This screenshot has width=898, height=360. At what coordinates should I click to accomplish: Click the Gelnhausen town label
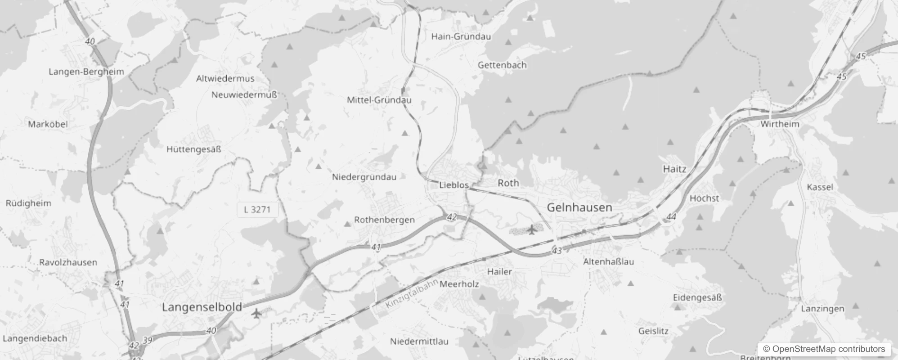click(579, 207)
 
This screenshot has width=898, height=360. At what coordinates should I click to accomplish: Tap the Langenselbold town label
click(202, 307)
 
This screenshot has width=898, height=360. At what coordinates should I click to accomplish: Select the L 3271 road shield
click(257, 209)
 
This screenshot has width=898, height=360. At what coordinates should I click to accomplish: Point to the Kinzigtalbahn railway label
click(412, 294)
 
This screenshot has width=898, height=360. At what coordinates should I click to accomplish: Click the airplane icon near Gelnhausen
click(532, 230)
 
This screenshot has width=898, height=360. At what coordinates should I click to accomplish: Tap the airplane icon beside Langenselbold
click(256, 313)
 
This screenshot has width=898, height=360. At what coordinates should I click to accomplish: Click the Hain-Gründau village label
click(461, 36)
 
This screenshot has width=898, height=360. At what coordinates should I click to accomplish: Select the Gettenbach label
click(502, 65)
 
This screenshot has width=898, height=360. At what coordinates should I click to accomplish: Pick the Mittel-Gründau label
click(379, 100)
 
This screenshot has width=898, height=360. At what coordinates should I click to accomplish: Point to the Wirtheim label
click(780, 124)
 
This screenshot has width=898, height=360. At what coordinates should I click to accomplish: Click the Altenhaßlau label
click(608, 261)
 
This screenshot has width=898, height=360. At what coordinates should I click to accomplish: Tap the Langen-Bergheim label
click(86, 72)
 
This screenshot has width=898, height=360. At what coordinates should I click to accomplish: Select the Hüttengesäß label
click(194, 149)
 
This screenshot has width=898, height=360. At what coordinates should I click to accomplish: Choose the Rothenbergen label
click(384, 220)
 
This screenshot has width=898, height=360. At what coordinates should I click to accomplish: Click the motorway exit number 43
click(557, 250)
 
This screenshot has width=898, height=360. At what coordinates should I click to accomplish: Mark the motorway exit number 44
click(671, 217)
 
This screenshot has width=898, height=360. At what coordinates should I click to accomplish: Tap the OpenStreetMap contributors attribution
click(824, 349)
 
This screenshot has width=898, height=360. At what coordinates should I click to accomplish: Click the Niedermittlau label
click(419, 341)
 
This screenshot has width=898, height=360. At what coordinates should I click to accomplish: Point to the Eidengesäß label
click(697, 297)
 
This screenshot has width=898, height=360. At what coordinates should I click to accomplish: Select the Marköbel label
click(48, 124)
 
